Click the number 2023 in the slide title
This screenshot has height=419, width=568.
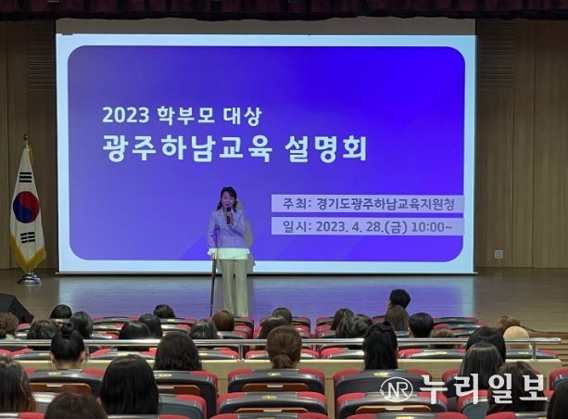coord(125,115)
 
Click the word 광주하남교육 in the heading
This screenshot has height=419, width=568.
coord(186,148)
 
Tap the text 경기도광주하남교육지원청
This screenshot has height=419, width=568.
coord(385,204)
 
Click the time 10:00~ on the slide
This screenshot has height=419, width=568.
coord(432,227)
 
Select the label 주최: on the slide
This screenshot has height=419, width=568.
coord(297,204)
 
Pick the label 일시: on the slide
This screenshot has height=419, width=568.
coord(297,227)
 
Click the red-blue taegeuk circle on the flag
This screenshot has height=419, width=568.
coord(26,208)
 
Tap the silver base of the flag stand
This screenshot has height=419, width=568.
coord(30,278)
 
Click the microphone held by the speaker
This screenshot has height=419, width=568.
coord(229,216)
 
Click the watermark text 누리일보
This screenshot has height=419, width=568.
coord(482,389)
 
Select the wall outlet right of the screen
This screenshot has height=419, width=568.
coord(499,254)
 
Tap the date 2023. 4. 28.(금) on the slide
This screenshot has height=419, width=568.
coord(361,227)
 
